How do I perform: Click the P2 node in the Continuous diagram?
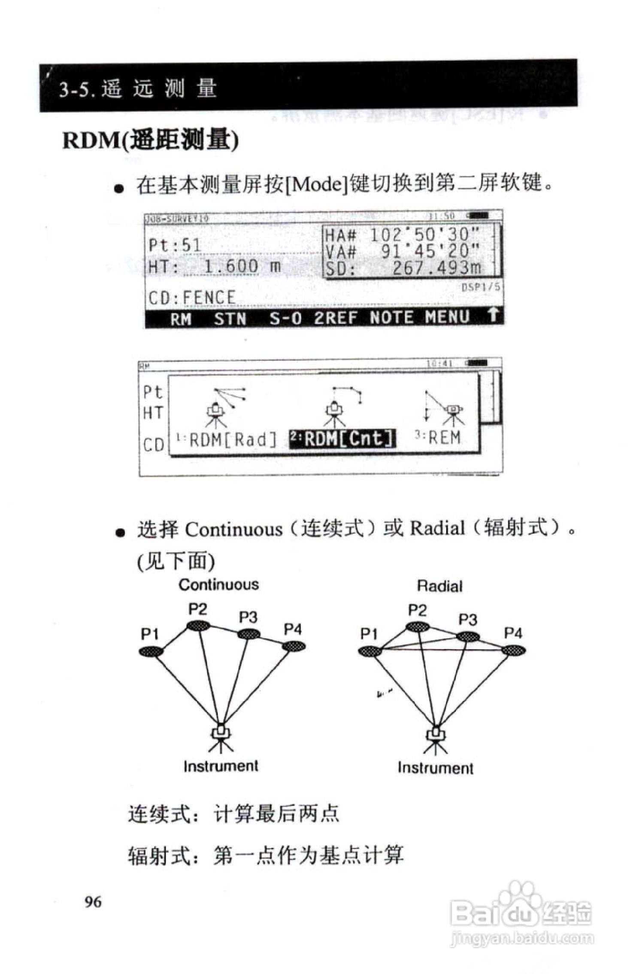(x=198, y=625)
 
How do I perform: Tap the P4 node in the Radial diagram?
(x=513, y=651)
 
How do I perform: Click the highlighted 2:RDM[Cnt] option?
(x=342, y=438)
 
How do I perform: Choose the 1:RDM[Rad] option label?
(x=227, y=439)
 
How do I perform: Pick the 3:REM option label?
(x=438, y=438)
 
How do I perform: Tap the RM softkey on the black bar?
(x=181, y=319)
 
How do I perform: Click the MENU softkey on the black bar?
(x=448, y=317)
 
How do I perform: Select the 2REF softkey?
(x=336, y=318)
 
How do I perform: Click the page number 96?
(x=93, y=901)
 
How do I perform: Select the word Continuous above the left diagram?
(x=219, y=584)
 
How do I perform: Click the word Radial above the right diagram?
(x=440, y=586)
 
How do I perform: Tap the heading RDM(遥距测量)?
(x=150, y=140)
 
